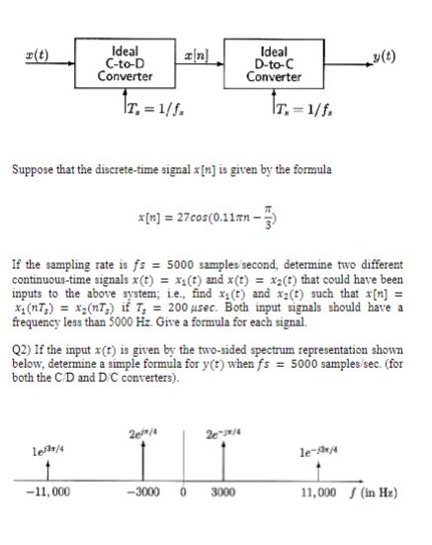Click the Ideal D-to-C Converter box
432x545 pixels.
pyautogui.click(x=274, y=59)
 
